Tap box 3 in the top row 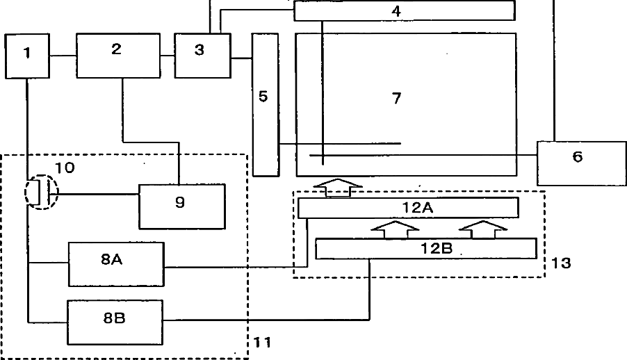click(x=201, y=55)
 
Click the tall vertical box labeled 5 click(x=264, y=104)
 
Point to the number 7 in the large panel click(x=396, y=99)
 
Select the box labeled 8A click(x=116, y=263)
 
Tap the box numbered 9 click(x=181, y=206)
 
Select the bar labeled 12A click(x=408, y=208)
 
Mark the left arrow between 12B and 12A click(x=395, y=230)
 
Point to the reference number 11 click(x=261, y=342)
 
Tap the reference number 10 click(x=67, y=167)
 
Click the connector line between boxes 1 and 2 click(x=63, y=55)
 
